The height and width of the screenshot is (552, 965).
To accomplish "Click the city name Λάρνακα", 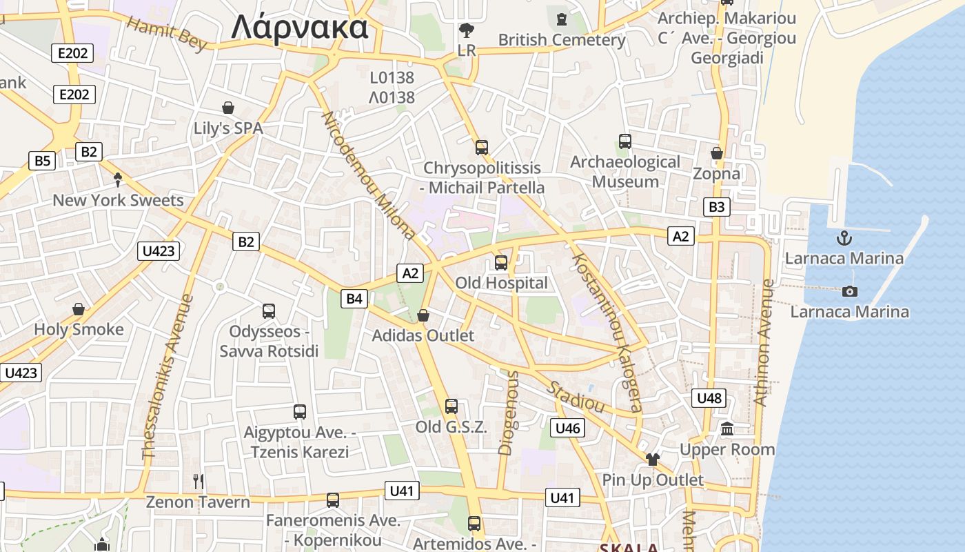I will pyautogui.click(x=299, y=28).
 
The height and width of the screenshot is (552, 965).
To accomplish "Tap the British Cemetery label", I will pyautogui.click(x=562, y=40).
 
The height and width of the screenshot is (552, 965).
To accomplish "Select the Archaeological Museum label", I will pyautogui.click(x=625, y=172).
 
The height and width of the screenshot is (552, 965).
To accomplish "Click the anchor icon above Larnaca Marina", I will pyautogui.click(x=844, y=239).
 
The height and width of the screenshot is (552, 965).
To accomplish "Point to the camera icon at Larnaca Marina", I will pyautogui.click(x=850, y=291).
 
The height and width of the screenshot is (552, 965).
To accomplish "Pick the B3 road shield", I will pyautogui.click(x=717, y=206).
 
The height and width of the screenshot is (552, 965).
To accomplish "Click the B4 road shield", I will pyautogui.click(x=354, y=299).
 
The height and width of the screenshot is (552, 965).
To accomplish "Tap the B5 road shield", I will pyautogui.click(x=43, y=161).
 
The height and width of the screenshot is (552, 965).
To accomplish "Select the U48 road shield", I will pyautogui.click(x=709, y=397).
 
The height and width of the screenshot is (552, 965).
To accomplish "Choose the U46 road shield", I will pyautogui.click(x=567, y=428).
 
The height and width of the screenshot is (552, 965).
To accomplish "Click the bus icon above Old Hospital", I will pyautogui.click(x=501, y=262).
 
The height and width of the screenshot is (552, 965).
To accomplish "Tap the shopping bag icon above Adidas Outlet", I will pyautogui.click(x=423, y=315).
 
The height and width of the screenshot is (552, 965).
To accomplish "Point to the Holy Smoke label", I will pyautogui.click(x=79, y=329).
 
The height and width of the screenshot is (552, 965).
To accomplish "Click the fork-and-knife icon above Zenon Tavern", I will pyautogui.click(x=199, y=481).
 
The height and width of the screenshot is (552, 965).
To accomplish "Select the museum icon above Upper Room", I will pyautogui.click(x=727, y=429).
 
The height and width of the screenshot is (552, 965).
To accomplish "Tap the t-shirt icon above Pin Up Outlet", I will pyautogui.click(x=653, y=459).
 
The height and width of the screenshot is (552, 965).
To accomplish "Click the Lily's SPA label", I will pyautogui.click(x=228, y=128).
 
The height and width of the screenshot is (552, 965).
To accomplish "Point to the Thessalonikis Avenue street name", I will pyautogui.click(x=167, y=378).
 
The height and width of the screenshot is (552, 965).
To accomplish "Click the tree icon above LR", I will pyautogui.click(x=467, y=30).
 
